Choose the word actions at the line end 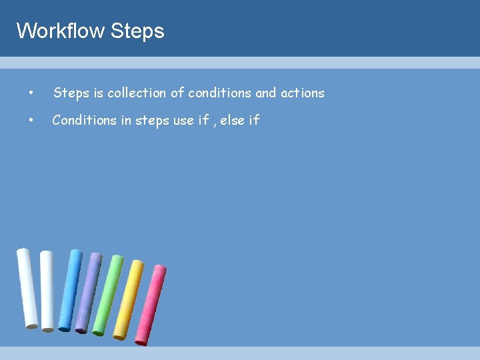point(302,93)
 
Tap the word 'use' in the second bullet point(183,121)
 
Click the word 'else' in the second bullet point(232,121)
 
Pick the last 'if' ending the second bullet point(254,121)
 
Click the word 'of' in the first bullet point(177,93)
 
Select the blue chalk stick point(70,290)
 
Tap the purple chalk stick point(89,292)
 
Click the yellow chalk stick point(129,299)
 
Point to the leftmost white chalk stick point(27,288)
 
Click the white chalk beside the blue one point(47,291)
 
